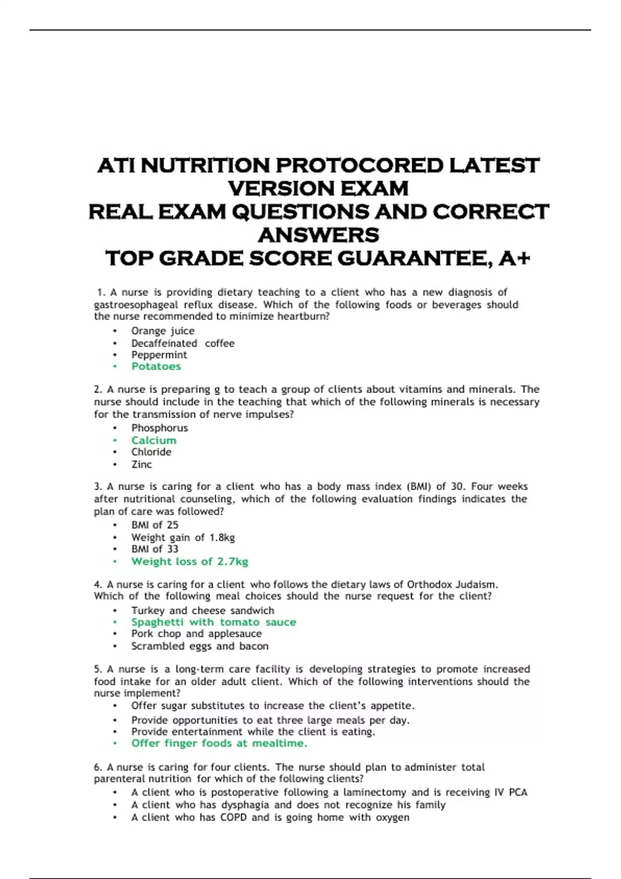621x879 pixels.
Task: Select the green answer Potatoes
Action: (x=156, y=367)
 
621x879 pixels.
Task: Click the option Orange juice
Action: (x=162, y=331)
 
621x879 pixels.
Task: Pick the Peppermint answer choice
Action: (x=159, y=355)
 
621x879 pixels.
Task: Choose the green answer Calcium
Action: (x=154, y=441)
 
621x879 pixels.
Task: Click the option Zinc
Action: (x=141, y=464)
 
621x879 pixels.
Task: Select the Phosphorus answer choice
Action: (x=159, y=428)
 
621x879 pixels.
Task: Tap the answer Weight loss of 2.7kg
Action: (x=189, y=562)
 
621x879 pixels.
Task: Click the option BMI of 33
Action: (x=154, y=549)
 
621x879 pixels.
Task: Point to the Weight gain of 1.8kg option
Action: (x=183, y=538)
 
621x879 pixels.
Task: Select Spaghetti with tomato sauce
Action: (x=213, y=622)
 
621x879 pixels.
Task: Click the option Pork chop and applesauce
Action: (x=196, y=634)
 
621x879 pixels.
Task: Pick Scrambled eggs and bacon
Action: (x=200, y=646)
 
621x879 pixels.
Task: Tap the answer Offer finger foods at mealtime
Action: (x=219, y=744)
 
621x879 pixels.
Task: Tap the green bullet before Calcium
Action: (x=115, y=441)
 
